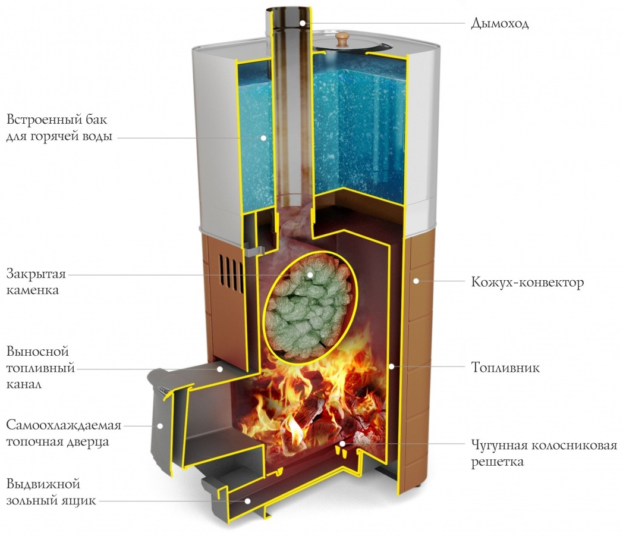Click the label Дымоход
[500, 23]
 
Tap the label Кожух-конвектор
[528, 283]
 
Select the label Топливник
[505, 367]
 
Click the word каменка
[33, 290]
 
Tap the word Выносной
[37, 351]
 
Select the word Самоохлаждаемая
[64, 425]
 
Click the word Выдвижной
[43, 484]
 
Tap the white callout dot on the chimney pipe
[303, 23]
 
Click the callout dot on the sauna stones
[310, 274]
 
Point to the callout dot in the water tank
[263, 137]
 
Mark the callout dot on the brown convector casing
[416, 281]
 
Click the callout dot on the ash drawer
[247, 501]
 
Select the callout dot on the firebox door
[160, 425]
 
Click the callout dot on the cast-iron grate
[342, 443]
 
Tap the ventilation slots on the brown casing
[231, 273]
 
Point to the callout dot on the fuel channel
[219, 369]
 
